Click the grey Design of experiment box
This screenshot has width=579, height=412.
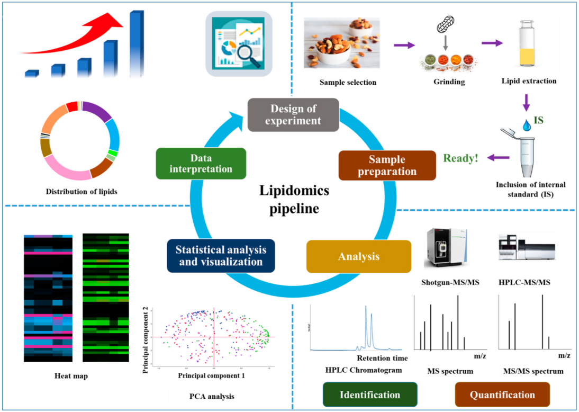293,114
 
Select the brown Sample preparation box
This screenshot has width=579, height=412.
387,165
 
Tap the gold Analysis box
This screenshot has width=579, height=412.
359,257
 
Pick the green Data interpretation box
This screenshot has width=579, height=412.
201,164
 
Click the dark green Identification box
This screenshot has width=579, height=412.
370,395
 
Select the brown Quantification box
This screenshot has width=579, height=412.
502,395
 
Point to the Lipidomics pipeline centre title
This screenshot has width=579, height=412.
295,200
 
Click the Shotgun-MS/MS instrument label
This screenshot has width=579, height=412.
450,282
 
